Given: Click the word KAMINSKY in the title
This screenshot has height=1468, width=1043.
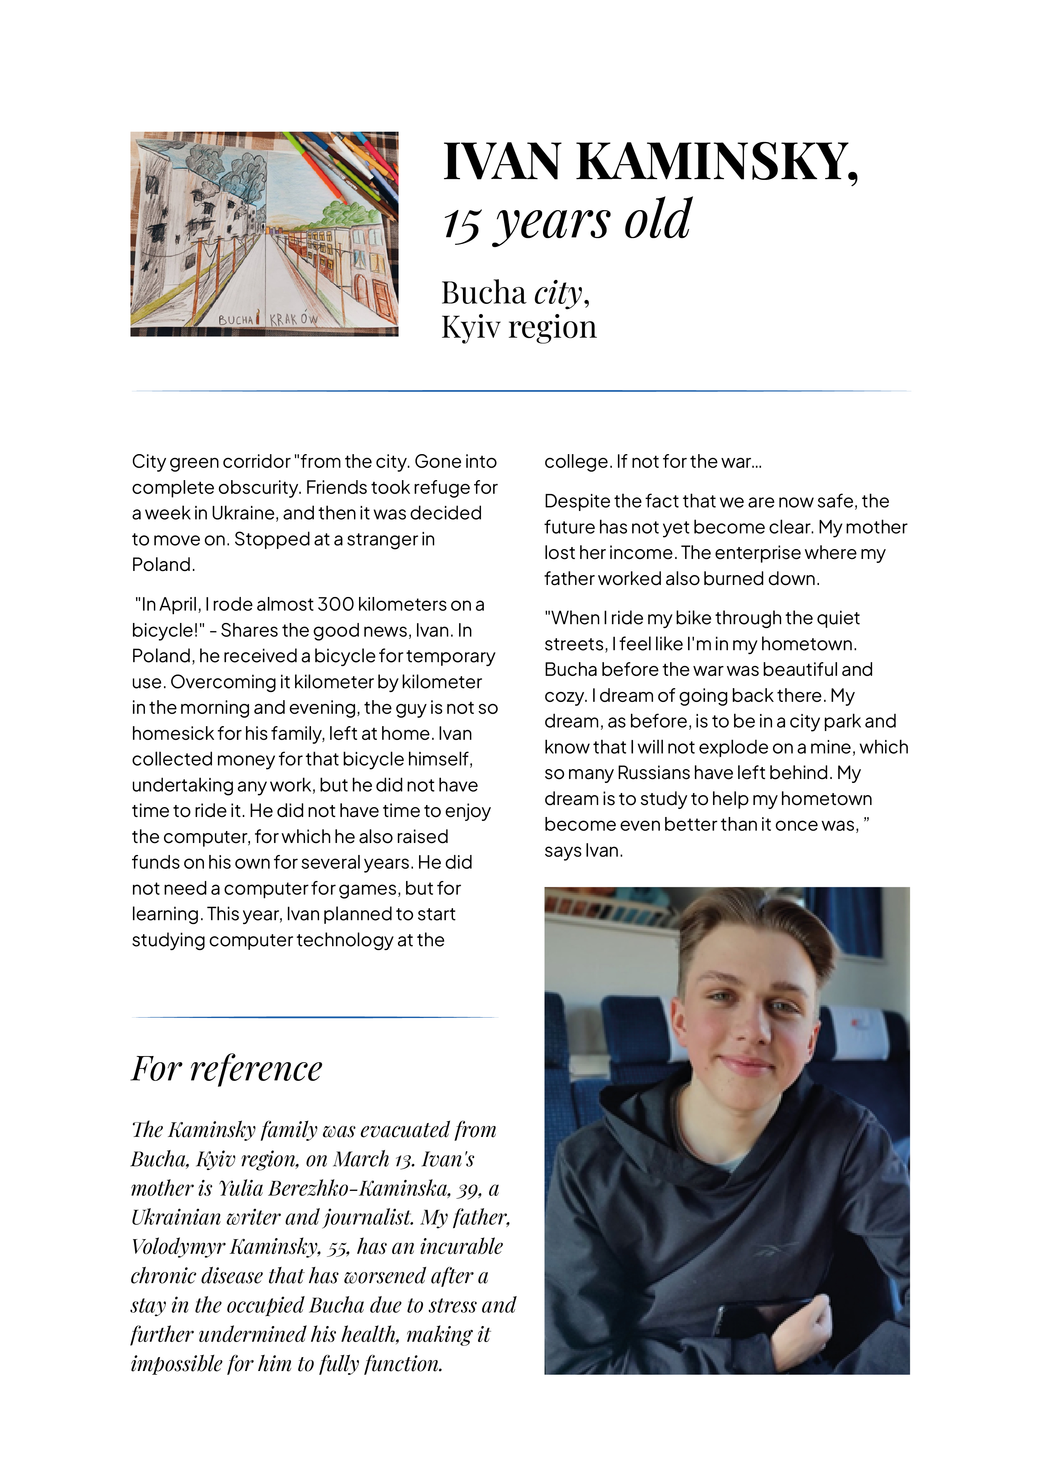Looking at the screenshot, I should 717,161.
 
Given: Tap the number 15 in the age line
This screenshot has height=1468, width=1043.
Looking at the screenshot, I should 462,224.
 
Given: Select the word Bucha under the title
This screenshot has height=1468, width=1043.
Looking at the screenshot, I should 483,293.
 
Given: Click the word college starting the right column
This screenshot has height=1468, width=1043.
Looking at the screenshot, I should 576,462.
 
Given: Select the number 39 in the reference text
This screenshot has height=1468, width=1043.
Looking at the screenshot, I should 469,1189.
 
